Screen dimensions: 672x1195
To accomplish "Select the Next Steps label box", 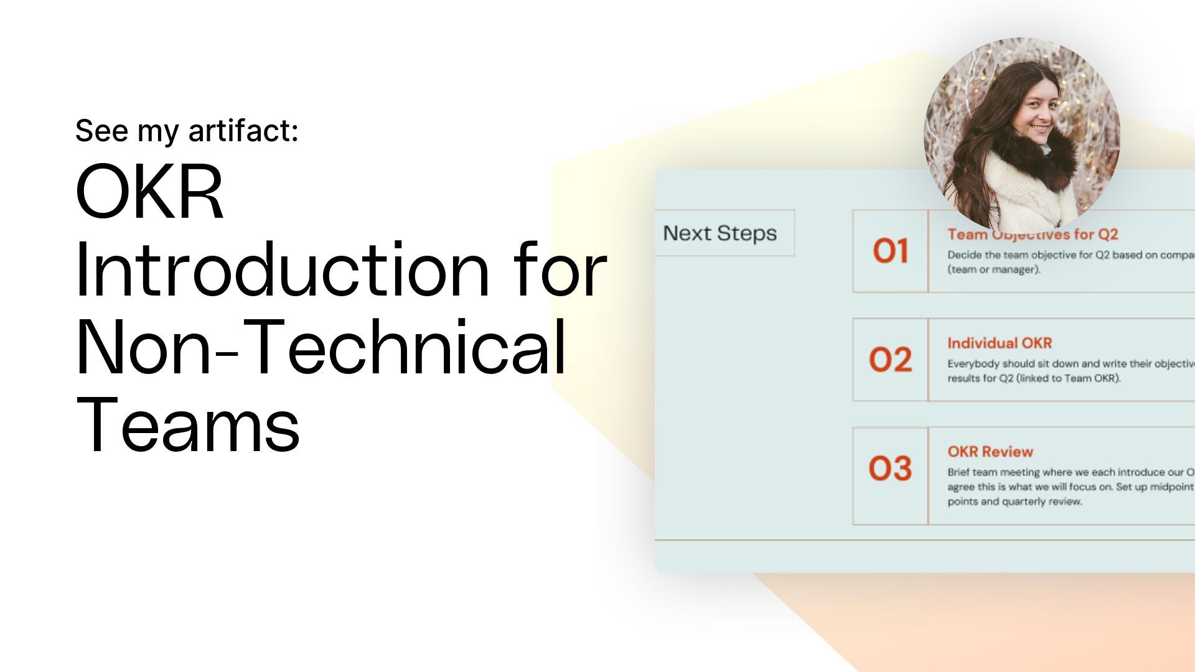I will pos(720,233).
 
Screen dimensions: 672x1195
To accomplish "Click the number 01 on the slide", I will pos(891,251).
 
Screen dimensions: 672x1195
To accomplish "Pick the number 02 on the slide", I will pos(891,360).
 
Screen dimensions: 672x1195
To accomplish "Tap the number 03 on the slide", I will pos(891,469).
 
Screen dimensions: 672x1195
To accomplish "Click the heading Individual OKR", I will pos(1000,343).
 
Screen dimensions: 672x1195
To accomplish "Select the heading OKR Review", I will pos(990,452).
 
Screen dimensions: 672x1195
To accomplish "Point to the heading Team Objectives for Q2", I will pos(1033,235).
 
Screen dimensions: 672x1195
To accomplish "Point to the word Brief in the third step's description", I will pos(958,472).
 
